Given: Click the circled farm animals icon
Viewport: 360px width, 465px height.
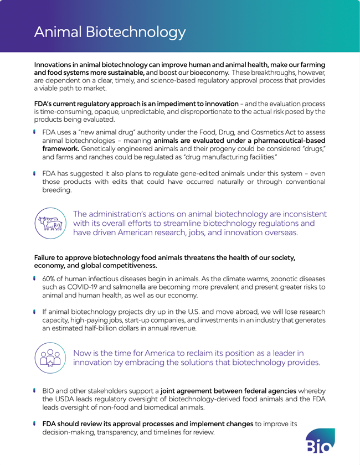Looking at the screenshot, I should (x=49, y=224).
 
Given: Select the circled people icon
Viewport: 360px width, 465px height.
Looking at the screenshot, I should (x=49, y=358).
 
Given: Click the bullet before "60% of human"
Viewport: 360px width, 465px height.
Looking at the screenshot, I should (x=35, y=277).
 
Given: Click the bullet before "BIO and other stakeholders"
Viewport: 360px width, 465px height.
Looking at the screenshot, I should (x=35, y=390).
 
